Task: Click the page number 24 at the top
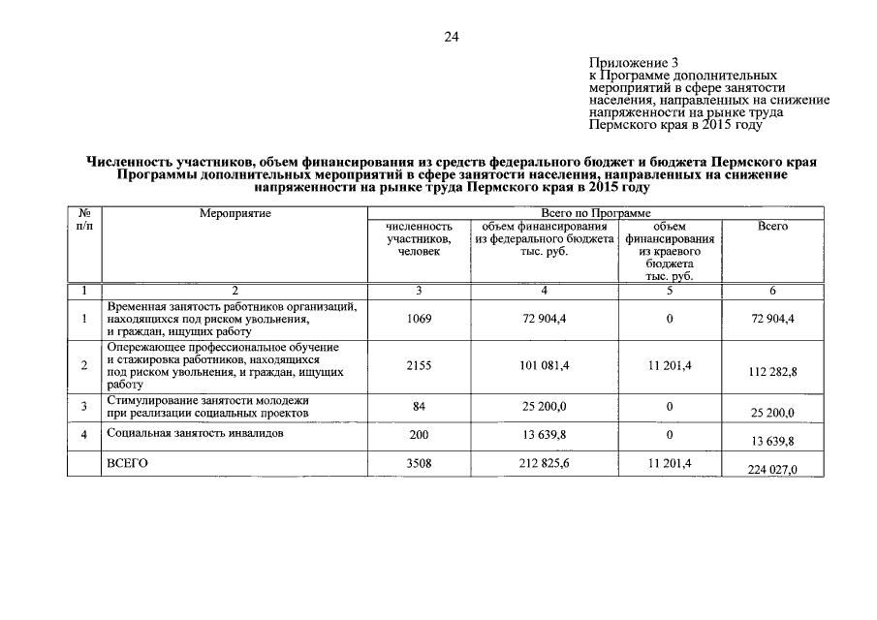[x=451, y=37]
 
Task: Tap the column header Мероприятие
[x=235, y=212]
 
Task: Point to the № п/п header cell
[x=84, y=219]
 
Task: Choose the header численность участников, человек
[x=419, y=238]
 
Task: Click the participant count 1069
[x=419, y=319]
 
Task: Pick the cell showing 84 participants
[x=419, y=406]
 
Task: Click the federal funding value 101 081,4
[x=545, y=364]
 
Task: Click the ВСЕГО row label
[x=127, y=464]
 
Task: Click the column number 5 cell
[x=673, y=290]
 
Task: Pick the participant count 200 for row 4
[x=419, y=435]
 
